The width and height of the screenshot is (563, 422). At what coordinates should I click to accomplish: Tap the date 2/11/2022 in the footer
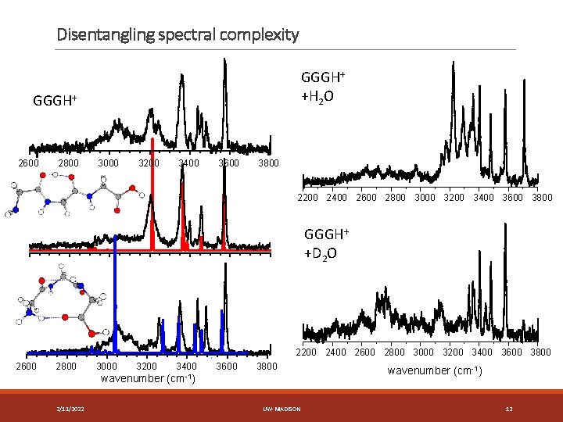[71, 409]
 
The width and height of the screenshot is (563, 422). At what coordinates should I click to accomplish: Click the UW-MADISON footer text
[281, 409]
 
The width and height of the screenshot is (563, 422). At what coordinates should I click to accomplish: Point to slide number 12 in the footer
[508, 409]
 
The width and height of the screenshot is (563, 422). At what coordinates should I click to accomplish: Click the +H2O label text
[317, 95]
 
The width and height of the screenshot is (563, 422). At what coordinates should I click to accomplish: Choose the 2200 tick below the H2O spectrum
[308, 198]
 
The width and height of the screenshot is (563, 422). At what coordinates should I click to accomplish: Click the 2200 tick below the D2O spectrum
[308, 352]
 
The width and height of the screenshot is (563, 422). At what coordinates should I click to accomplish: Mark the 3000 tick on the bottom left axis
[106, 366]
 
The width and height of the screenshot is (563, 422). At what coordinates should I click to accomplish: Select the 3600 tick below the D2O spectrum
[511, 352]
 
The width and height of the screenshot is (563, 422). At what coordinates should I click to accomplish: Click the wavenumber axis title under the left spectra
[148, 379]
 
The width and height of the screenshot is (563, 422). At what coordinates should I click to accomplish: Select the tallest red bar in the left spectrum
[152, 195]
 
